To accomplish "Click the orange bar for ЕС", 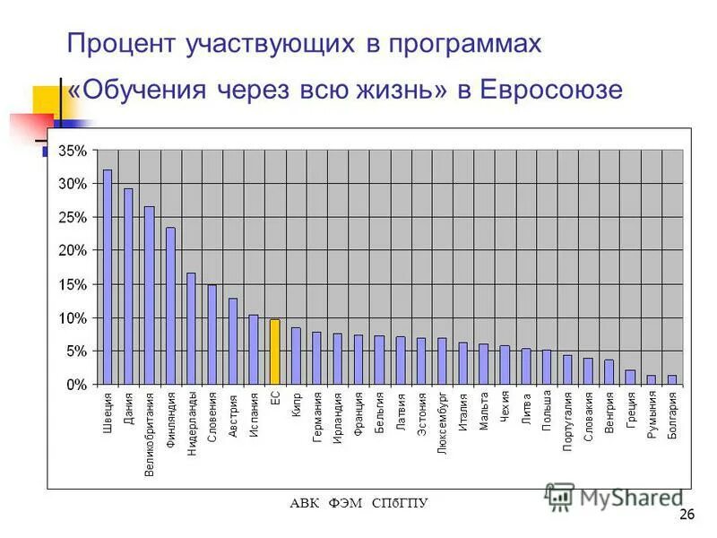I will click(275, 351).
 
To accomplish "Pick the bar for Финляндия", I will click(170, 305).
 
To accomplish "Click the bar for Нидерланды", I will click(191, 327).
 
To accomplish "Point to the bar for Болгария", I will click(672, 379).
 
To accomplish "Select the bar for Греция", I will click(630, 377).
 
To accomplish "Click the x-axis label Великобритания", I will click(150, 433).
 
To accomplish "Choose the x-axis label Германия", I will click(317, 417).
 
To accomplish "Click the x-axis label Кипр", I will click(296, 404).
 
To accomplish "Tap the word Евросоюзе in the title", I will click(551, 91).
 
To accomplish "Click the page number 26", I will click(687, 514).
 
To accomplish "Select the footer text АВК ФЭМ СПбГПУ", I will click(358, 503).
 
